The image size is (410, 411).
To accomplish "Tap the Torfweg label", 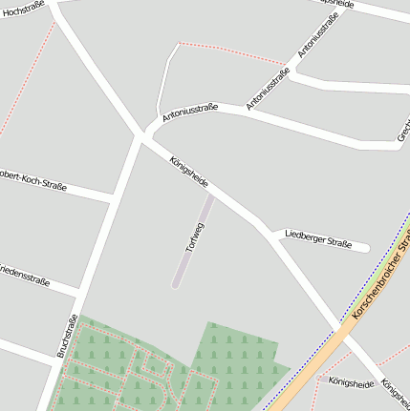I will click(x=195, y=236).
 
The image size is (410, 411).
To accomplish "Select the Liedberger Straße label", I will click(x=318, y=239).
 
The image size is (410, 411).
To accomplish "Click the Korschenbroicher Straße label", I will click(x=381, y=273).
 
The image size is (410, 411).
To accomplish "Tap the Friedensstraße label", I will click(x=25, y=271).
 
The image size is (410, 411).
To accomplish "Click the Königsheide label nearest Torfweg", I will click(x=188, y=172).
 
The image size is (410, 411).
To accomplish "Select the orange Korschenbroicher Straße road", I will click(x=315, y=361).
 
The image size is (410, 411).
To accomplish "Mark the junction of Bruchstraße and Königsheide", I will click(x=140, y=139).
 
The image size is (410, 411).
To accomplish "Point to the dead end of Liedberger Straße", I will click(x=366, y=248).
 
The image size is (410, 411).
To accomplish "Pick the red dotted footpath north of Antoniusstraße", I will click(x=229, y=51).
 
